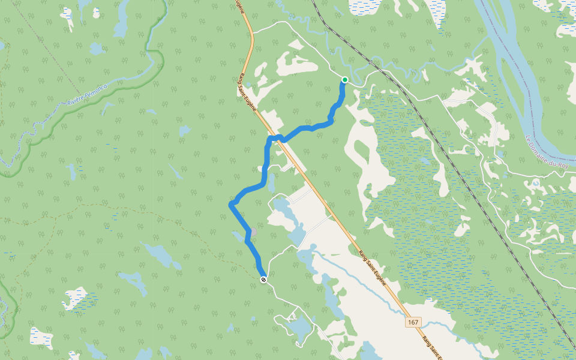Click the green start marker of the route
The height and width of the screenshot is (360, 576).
345,80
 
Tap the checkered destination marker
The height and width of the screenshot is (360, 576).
263,280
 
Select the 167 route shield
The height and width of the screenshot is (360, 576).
413,322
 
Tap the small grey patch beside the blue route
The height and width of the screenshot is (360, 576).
253,232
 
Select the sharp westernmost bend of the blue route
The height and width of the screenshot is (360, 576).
230,205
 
